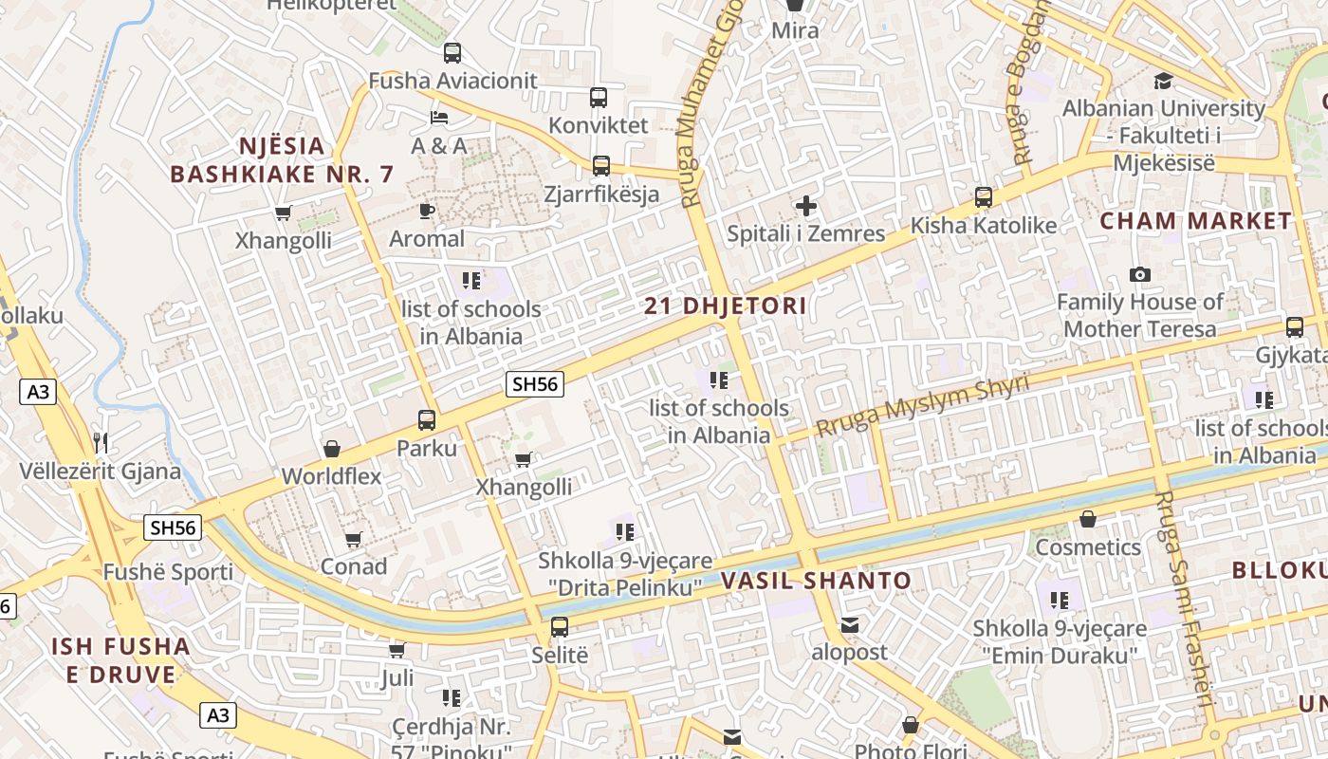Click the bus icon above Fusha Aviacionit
pos(452,53)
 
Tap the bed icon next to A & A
pos(439,118)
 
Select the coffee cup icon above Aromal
pos(427,210)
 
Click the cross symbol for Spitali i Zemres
pos(805,205)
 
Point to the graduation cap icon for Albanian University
pos(1163,81)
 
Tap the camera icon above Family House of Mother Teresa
pos(1140,275)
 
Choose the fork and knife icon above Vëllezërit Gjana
pos(101,442)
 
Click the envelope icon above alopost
pos(849,624)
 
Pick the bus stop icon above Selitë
pos(560,626)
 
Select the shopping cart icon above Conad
pos(354,539)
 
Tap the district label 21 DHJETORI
pos(726,305)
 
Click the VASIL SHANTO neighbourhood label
pos(816,581)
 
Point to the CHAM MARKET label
pos(1196,221)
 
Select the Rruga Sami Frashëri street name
pos(1183,598)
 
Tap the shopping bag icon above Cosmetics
pos(1088,519)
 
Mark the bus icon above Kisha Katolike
pos(984,197)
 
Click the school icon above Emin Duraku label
pos(1060,600)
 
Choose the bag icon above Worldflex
pos(332,448)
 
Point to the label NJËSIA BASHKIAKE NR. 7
pos(281,160)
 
